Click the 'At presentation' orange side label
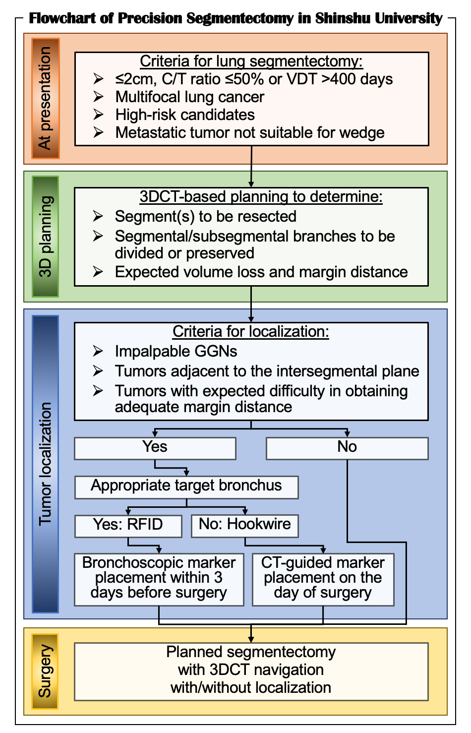[x=45, y=98]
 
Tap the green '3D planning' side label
[x=45, y=236]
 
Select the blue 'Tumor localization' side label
[x=45, y=464]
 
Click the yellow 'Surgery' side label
[x=45, y=671]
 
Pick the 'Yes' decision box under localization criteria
[x=155, y=448]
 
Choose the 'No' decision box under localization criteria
[x=347, y=448]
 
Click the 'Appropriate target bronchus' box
[x=186, y=487]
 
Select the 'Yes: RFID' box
[x=128, y=525]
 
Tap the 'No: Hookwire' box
[x=245, y=525]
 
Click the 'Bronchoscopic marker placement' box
[x=159, y=579]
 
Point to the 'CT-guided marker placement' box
[x=323, y=579]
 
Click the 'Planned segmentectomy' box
[x=251, y=671]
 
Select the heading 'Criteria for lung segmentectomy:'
[x=251, y=61]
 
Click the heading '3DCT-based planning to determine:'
[x=261, y=197]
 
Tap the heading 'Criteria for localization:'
[x=251, y=332]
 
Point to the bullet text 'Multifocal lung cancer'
[x=189, y=97]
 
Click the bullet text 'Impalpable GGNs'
[x=176, y=352]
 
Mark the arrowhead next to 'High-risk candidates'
[x=98, y=115]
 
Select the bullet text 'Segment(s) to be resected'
[x=205, y=217]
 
